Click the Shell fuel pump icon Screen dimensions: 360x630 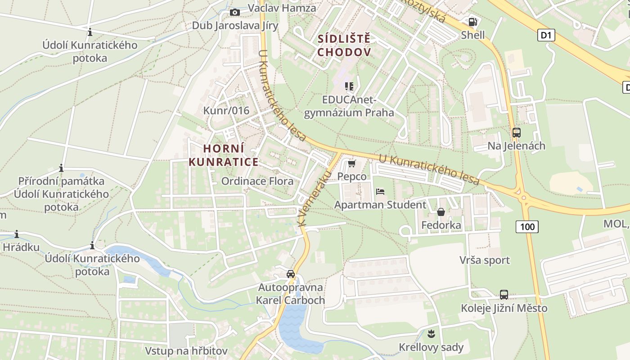[x=472, y=22]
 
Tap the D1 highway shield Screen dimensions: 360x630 [x=546, y=35]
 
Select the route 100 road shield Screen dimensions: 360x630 [x=527, y=226]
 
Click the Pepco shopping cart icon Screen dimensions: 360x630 [x=351, y=164]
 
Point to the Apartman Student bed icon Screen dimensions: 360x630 [x=380, y=192]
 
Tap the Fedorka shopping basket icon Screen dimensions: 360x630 [x=441, y=211]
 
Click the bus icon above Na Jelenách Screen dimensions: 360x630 [x=516, y=133]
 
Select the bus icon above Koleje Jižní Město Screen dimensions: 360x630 [x=504, y=295]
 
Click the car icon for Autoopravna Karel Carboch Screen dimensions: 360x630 [x=291, y=274]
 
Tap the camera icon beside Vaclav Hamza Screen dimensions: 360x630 [x=235, y=13]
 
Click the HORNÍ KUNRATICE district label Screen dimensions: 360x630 [x=224, y=155]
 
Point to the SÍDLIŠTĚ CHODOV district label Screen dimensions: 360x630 [x=344, y=45]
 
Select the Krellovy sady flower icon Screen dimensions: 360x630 [x=431, y=334]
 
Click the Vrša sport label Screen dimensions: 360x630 [x=485, y=260]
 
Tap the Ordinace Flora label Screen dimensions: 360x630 [x=257, y=181]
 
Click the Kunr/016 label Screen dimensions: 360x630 [x=226, y=111]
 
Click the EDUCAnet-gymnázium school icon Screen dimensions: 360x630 [x=349, y=86]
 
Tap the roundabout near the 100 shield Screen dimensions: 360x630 [x=523, y=197]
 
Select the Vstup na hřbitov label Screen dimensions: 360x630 [x=186, y=351]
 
